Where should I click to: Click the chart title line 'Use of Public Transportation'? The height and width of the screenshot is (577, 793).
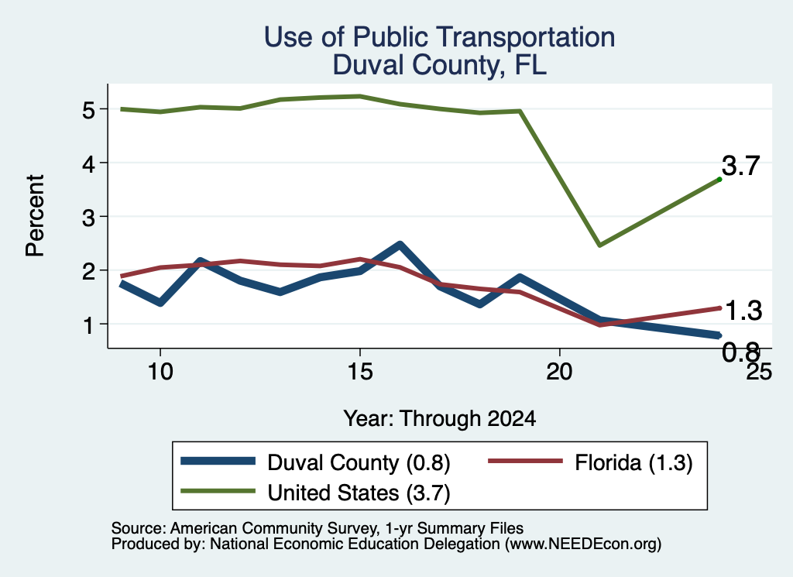[440, 37]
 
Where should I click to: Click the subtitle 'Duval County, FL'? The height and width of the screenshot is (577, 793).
[440, 65]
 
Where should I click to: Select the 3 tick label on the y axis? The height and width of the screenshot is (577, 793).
[88, 218]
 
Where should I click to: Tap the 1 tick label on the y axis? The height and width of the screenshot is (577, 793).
[88, 325]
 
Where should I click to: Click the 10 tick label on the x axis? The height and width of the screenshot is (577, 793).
[160, 372]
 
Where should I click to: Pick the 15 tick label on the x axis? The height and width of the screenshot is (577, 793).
[359, 372]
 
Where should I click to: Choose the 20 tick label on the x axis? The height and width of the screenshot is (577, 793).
[559, 372]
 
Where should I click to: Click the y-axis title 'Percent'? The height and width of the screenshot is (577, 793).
[35, 216]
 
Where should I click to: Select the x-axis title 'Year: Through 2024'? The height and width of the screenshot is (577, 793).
[440, 419]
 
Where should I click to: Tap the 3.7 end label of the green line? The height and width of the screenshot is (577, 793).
[740, 166]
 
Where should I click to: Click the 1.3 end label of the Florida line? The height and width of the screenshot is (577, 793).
[743, 311]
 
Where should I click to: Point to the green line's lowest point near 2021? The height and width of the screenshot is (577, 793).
[599, 246]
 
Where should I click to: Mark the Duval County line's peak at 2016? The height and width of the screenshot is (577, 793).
[400, 245]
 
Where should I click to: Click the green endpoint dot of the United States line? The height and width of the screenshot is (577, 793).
[719, 179]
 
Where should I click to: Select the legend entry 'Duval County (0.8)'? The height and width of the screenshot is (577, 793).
[316, 462]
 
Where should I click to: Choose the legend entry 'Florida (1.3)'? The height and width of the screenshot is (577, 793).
[590, 462]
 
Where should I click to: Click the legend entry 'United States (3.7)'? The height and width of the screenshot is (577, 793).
[316, 493]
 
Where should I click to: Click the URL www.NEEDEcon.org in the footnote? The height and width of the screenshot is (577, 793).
[582, 544]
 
